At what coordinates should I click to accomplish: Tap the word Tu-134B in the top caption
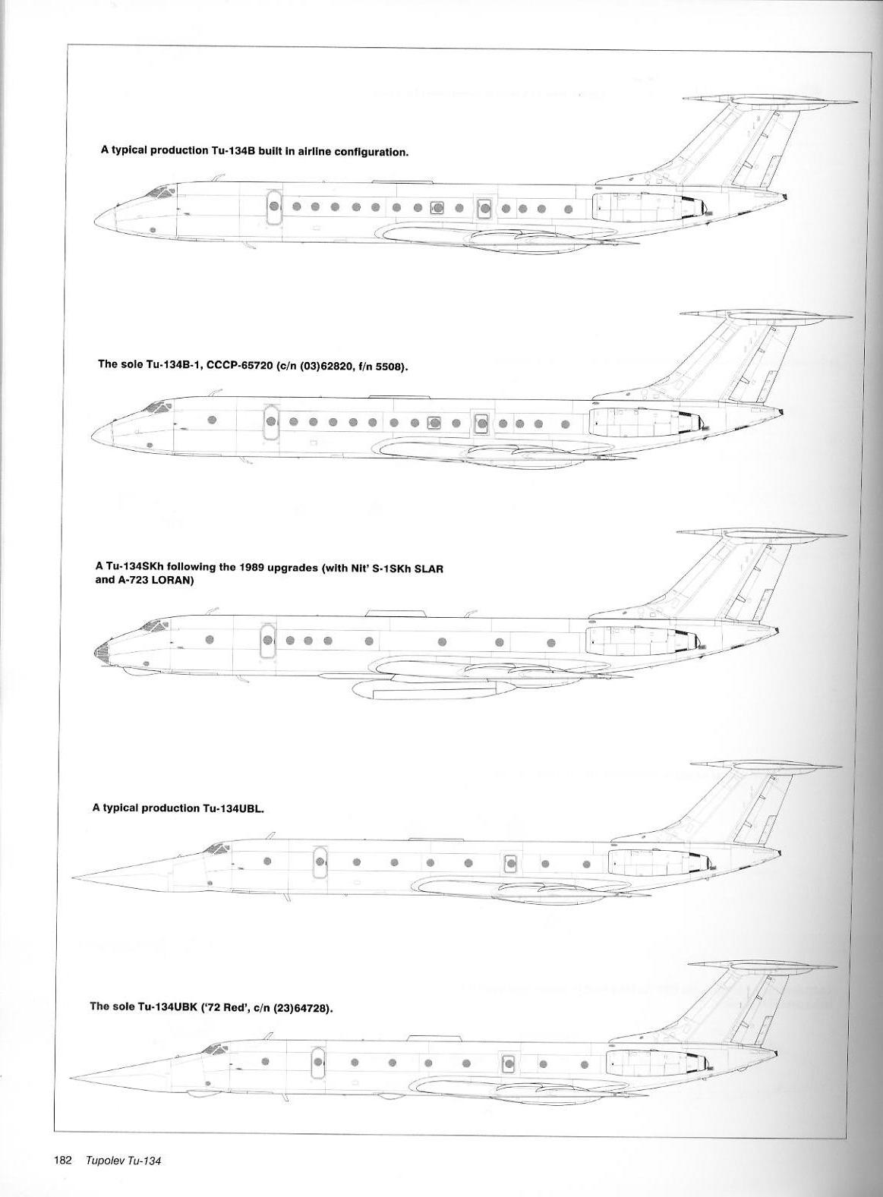click(235, 151)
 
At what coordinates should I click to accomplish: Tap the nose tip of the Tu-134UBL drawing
click(72, 878)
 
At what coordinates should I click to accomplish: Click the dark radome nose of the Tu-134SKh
click(100, 651)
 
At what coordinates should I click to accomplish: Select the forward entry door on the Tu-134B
click(274, 206)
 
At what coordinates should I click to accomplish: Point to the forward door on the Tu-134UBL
click(320, 862)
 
